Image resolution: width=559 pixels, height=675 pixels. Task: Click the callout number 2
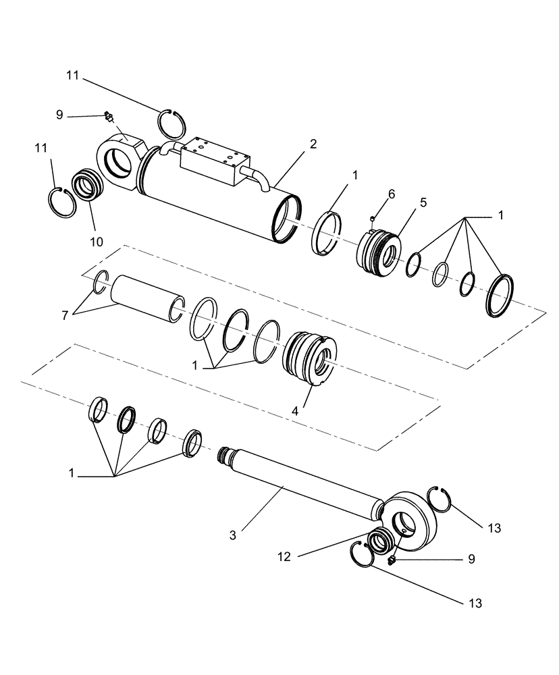coord(312,144)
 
